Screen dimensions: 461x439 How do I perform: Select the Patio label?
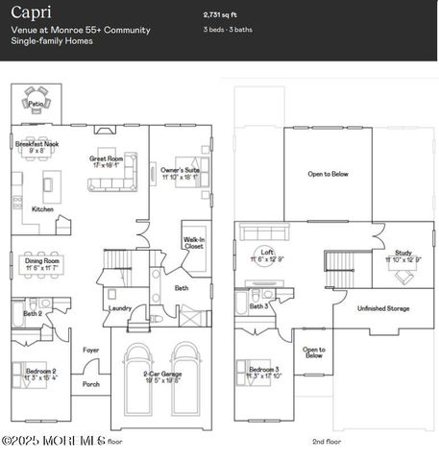coord(36,103)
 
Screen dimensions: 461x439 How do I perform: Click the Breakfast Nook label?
coord(37,143)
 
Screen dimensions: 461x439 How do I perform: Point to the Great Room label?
coord(107,158)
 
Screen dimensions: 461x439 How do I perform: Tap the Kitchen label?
coord(42,208)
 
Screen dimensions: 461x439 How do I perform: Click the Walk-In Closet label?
coord(194,242)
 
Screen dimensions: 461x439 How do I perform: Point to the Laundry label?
coord(120,308)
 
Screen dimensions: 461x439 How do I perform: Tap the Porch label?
coord(91,384)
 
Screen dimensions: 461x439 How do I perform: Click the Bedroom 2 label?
coord(39,371)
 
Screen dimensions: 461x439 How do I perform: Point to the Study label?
coord(403,252)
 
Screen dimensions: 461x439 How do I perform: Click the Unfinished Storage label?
coord(383,308)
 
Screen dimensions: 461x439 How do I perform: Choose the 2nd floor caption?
coord(329,441)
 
